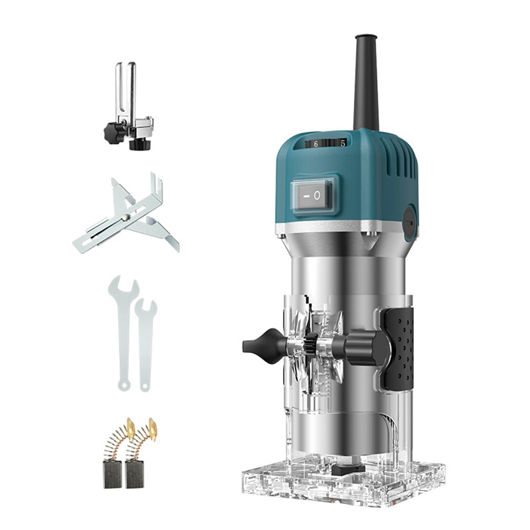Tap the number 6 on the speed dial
(x=316, y=144)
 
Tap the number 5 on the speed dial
(x=343, y=143)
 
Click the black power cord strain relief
(x=366, y=83)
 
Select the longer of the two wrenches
(x=123, y=331)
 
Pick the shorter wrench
(x=145, y=344)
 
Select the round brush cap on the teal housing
(x=410, y=220)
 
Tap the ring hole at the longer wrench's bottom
(x=123, y=385)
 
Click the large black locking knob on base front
(x=364, y=348)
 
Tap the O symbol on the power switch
(x=317, y=196)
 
